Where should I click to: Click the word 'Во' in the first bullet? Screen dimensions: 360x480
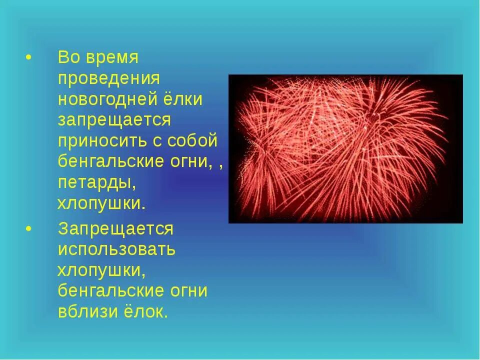point(67,57)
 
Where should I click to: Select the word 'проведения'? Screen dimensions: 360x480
point(108,78)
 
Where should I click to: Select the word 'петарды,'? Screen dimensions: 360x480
point(96,183)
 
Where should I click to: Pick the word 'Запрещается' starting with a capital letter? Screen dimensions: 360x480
point(115,228)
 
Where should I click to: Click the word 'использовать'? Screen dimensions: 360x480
point(116,249)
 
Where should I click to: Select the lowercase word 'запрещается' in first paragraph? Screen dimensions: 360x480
point(114,120)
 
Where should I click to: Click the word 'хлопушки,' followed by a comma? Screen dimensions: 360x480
point(101,270)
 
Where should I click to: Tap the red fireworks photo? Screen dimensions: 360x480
point(345,148)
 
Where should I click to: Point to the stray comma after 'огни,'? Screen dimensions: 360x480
point(220,166)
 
